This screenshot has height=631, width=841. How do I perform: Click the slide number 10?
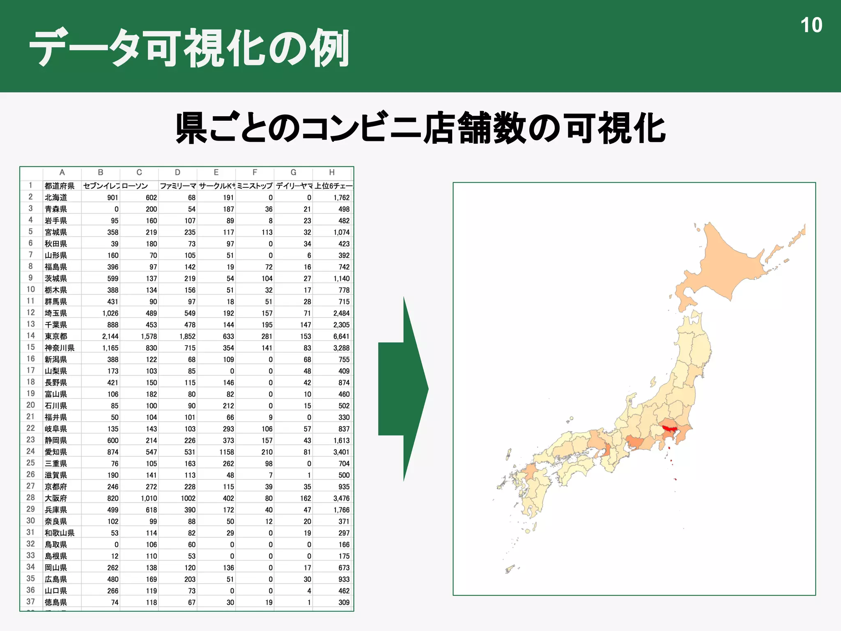pyautogui.click(x=811, y=25)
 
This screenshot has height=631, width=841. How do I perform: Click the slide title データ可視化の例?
pyautogui.click(x=189, y=48)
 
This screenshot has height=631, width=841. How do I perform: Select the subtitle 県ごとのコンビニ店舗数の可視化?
pyautogui.click(x=420, y=129)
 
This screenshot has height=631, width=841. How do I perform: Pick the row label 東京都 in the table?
pyautogui.click(x=56, y=336)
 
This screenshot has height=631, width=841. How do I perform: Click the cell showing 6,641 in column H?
pyautogui.click(x=341, y=336)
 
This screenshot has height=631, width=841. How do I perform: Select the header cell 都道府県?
pyautogui.click(x=60, y=186)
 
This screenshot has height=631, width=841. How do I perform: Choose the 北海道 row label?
pyautogui.click(x=56, y=197)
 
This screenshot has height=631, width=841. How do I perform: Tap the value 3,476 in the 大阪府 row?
pyautogui.click(x=341, y=498)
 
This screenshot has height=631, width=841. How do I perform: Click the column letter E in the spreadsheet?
pyautogui.click(x=216, y=173)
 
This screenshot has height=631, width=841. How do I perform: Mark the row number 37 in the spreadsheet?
pyautogui.click(x=31, y=601)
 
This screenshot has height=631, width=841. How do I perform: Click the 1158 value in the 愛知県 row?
pyautogui.click(x=226, y=452)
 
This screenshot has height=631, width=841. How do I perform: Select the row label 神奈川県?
pyautogui.click(x=60, y=348)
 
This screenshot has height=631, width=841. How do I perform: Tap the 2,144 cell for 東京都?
pyautogui.click(x=110, y=336)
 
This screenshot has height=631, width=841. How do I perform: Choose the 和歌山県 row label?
pyautogui.click(x=60, y=533)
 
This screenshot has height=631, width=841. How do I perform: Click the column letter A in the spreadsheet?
pyautogui.click(x=62, y=173)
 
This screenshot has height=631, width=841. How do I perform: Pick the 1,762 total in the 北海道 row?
pyautogui.click(x=341, y=197)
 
